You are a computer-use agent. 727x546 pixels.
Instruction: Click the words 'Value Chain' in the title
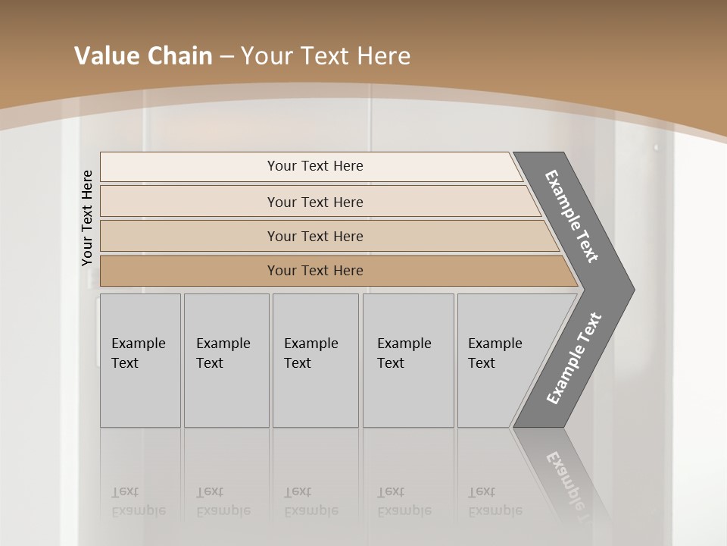coord(143,56)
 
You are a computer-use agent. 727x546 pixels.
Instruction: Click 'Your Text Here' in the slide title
coord(326,56)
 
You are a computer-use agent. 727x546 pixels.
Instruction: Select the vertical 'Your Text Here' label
coord(87,218)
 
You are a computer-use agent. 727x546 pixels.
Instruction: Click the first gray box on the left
coord(140,360)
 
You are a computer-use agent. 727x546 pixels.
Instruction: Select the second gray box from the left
coord(226,360)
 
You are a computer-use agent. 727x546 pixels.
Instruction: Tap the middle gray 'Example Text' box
coord(314,360)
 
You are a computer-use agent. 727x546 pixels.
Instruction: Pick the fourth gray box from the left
coord(407,360)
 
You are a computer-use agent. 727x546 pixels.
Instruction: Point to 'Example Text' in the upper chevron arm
coord(572,216)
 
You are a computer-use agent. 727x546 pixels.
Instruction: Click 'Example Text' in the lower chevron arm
coord(573,359)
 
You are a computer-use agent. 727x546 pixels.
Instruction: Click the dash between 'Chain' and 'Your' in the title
coord(226,57)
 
